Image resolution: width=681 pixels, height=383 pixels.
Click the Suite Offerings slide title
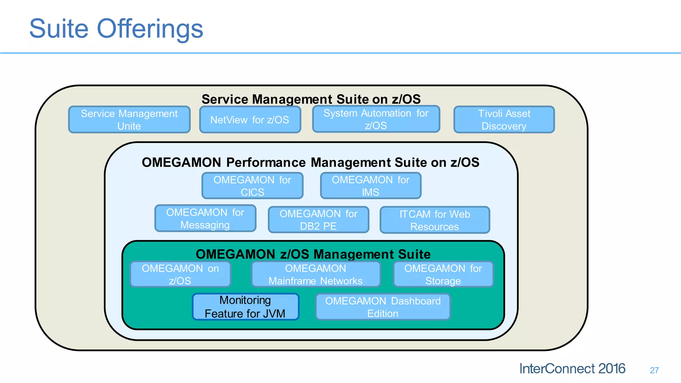116,29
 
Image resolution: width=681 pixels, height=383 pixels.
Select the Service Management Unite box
129,120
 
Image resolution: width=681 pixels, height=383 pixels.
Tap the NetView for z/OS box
250,120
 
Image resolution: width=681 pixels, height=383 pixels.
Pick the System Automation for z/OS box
376,119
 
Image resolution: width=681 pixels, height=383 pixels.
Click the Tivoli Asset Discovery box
504,120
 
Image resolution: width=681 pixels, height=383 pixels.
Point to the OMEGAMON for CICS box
252,186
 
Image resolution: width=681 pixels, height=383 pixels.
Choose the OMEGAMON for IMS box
371,186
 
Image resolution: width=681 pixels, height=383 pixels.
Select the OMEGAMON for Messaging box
205,218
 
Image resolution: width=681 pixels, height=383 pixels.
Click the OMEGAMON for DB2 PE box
319,220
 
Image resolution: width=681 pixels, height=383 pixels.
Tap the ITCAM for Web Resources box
435,220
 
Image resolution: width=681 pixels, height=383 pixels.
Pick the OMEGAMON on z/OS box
180,274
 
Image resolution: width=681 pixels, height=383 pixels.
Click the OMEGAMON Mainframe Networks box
316,274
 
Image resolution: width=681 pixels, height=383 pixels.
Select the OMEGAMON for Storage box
443,274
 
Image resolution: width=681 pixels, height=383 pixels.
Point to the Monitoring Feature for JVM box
245,307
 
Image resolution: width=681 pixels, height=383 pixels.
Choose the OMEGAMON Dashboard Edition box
383,307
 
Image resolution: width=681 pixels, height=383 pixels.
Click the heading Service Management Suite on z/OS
311,99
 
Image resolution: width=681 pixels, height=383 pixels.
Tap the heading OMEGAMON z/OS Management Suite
313,254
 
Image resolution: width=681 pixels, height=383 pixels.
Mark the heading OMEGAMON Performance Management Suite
310,162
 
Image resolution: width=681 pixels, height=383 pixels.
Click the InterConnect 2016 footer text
572,369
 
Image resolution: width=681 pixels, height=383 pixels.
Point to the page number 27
654,370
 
